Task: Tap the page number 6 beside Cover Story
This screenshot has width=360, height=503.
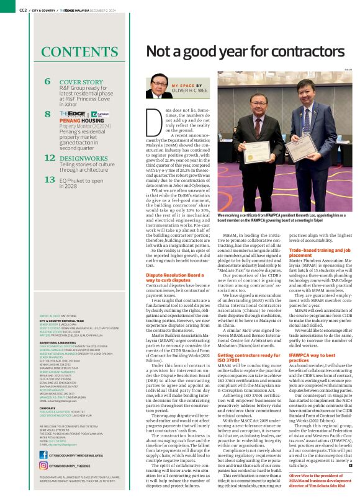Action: (x=48, y=81)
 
